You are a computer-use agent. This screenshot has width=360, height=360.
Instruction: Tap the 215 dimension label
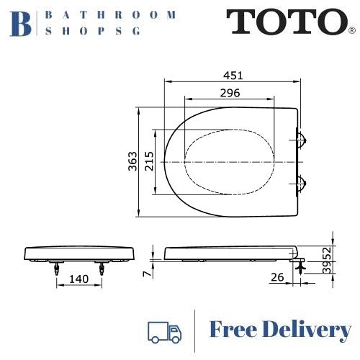tap(150, 162)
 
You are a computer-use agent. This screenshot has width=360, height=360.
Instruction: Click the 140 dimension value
tap(80, 278)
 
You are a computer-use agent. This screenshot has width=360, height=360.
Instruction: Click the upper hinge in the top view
tap(303, 139)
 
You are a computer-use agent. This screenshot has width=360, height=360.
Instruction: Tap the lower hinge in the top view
tap(303, 182)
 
